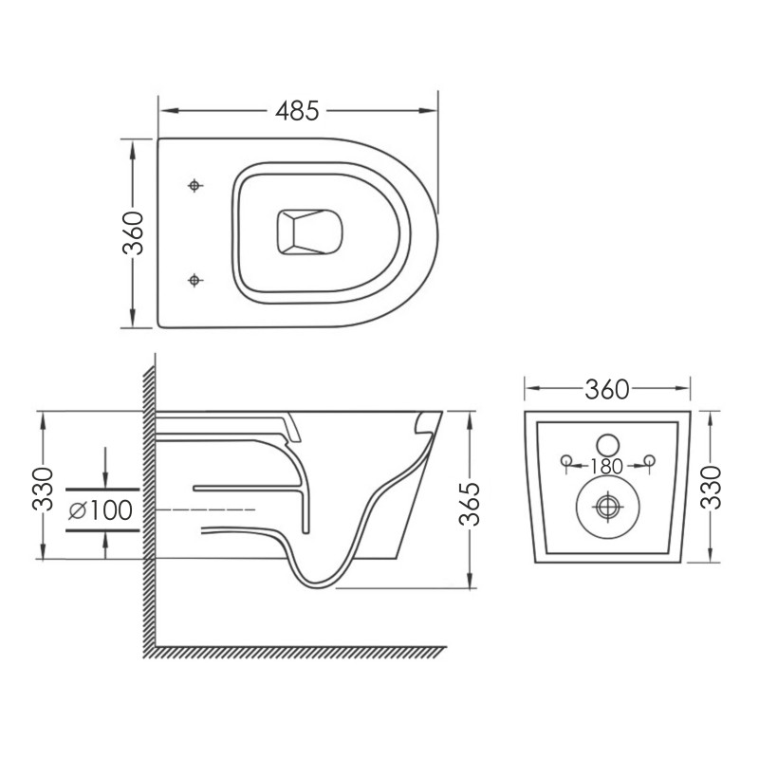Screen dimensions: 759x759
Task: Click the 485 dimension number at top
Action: pos(296,111)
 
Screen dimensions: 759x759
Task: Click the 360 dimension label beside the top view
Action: pos(133,233)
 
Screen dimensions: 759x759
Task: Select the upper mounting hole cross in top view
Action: pos(195,185)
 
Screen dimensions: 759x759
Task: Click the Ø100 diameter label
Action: pos(100,509)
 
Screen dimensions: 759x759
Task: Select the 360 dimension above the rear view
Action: pos(608,388)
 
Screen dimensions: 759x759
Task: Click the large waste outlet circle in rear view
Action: pos(605,508)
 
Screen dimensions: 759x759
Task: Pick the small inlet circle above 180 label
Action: pos(607,443)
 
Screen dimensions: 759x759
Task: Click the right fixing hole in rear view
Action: pos(650,462)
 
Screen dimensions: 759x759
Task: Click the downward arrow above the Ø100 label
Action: pos(104,478)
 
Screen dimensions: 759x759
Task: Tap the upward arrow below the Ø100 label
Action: pos(104,540)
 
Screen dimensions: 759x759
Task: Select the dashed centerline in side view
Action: pos(204,510)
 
